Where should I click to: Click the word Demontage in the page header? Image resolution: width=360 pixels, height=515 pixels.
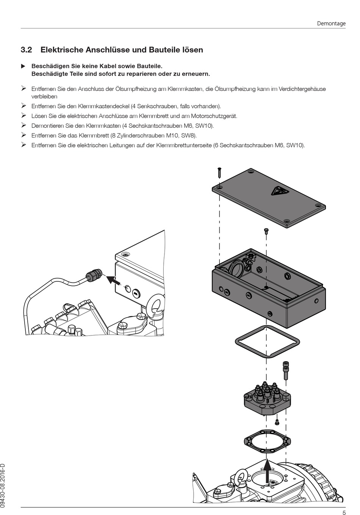pos(331,23)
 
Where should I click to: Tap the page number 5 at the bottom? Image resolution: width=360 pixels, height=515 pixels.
pos(344,513)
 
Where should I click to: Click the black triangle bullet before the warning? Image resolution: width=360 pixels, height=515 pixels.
pos(23,66)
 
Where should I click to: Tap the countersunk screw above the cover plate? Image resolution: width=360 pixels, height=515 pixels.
pos(219,172)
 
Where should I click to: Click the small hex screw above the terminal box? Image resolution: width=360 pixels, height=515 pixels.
pos(266,231)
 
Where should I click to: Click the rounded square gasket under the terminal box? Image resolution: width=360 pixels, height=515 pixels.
pos(267,341)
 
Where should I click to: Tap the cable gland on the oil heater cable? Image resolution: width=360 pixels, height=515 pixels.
pos(94,275)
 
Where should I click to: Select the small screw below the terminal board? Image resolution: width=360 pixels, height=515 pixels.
pos(277,421)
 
